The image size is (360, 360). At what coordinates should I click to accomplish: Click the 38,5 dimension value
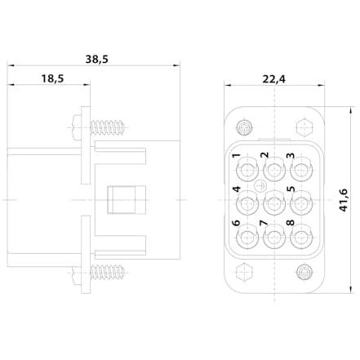96,59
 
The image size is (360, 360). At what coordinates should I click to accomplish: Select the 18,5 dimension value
52,78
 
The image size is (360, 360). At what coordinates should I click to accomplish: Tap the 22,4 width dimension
274,79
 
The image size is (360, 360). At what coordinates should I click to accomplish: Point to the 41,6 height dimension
344,200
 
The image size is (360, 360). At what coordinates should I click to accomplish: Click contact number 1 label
237,156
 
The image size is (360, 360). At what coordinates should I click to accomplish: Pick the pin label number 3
291,156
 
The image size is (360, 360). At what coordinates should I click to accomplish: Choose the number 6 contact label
236,223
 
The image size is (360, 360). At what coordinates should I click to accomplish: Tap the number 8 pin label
291,223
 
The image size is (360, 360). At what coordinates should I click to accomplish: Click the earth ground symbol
260,186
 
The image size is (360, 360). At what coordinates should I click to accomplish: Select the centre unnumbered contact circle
274,202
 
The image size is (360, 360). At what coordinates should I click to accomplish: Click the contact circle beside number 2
274,169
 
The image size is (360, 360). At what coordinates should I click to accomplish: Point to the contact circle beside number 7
274,237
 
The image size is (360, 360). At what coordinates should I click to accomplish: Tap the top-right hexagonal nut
304,127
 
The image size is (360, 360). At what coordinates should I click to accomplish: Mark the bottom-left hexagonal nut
244,272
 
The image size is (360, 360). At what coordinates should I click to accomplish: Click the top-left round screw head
244,127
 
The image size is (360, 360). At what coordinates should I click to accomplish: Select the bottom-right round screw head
304,272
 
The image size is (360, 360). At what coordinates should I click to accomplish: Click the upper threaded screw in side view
108,127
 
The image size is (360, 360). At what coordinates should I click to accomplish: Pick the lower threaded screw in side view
108,272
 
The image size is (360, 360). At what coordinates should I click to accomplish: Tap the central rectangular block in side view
127,200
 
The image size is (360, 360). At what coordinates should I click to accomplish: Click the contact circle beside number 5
301,202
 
